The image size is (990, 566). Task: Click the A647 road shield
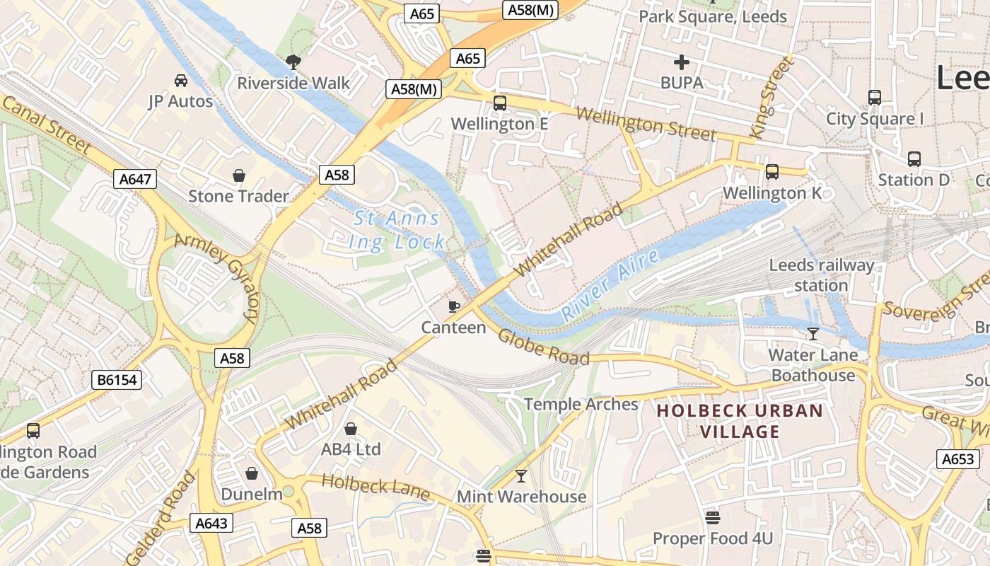tap(135, 179)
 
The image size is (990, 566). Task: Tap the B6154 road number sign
tap(117, 380)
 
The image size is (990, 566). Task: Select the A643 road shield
tap(211, 523)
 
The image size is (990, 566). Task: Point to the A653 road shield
tap(959, 458)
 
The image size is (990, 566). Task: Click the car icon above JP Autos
tap(181, 81)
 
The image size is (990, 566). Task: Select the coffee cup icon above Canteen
tap(454, 306)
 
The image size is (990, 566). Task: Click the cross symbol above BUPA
tap(682, 62)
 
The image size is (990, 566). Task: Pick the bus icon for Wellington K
tap(772, 172)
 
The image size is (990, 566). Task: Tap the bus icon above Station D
tap(914, 159)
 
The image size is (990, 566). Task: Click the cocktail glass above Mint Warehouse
tap(521, 476)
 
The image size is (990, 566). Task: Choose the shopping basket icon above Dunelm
tap(252, 473)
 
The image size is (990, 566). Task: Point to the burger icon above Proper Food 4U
tap(713, 518)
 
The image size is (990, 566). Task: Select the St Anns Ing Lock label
tap(397, 230)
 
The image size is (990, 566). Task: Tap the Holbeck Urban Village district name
tap(740, 421)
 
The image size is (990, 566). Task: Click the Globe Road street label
tap(543, 347)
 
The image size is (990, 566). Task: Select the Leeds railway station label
tap(821, 275)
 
